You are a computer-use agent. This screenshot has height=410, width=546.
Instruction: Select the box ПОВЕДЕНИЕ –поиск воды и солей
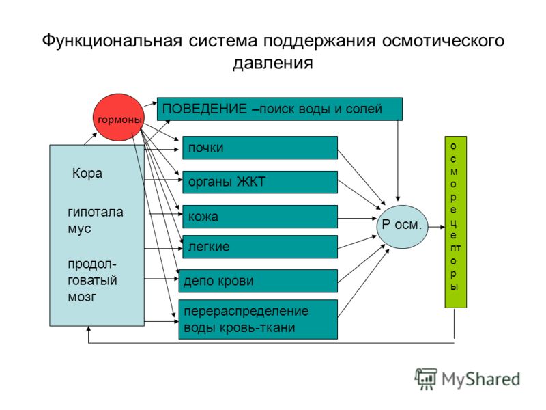(280, 109)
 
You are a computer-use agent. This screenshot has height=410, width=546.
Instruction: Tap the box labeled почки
(260, 148)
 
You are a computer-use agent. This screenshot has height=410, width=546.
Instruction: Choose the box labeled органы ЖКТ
(260, 182)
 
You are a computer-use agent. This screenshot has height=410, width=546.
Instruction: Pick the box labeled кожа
(260, 217)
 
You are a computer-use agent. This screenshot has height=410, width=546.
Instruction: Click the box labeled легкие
(260, 247)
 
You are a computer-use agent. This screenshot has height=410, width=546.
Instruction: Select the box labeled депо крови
(258, 281)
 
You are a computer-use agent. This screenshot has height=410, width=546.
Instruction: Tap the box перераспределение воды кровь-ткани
(258, 319)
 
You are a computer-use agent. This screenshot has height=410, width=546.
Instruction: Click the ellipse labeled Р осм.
(403, 223)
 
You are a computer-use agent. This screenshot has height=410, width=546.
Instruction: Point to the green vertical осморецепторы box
(455, 222)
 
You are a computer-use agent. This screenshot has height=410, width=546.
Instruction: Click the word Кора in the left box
(87, 174)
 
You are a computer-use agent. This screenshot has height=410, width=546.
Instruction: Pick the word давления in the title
(272, 64)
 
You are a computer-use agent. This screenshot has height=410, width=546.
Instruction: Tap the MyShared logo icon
(427, 378)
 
